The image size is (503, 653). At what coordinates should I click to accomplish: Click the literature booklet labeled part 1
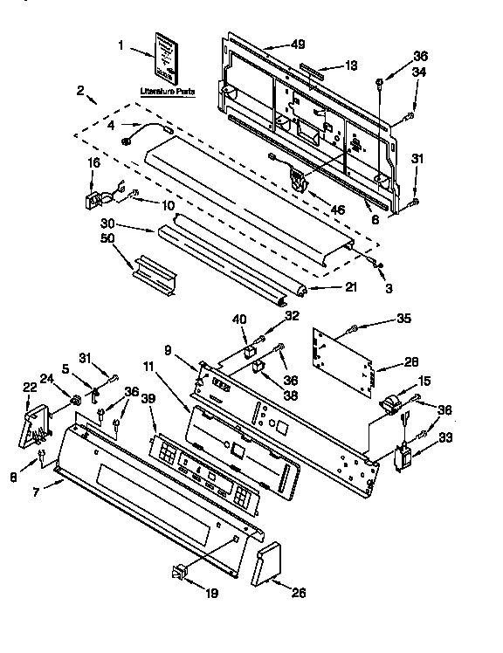167,58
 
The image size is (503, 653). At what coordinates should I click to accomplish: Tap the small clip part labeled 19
180,572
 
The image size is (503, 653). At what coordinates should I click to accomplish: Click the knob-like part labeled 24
76,401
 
